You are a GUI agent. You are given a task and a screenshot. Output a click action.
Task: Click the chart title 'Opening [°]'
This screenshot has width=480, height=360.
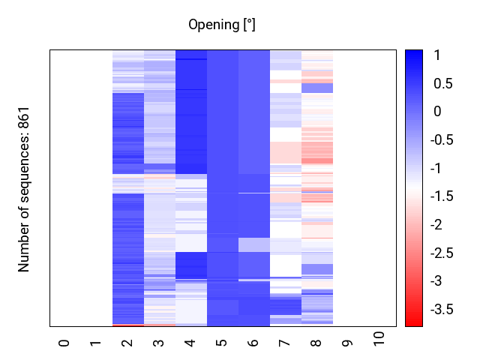click(222, 25)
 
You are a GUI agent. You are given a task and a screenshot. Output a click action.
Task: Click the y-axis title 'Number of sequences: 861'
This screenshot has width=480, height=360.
click(24, 188)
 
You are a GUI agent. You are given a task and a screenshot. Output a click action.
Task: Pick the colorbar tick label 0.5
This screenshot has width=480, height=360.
click(442, 83)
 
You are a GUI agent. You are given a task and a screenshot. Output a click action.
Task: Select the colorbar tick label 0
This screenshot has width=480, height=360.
click(437, 112)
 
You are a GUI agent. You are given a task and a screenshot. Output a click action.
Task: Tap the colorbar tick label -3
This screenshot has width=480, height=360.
click(440, 280)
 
